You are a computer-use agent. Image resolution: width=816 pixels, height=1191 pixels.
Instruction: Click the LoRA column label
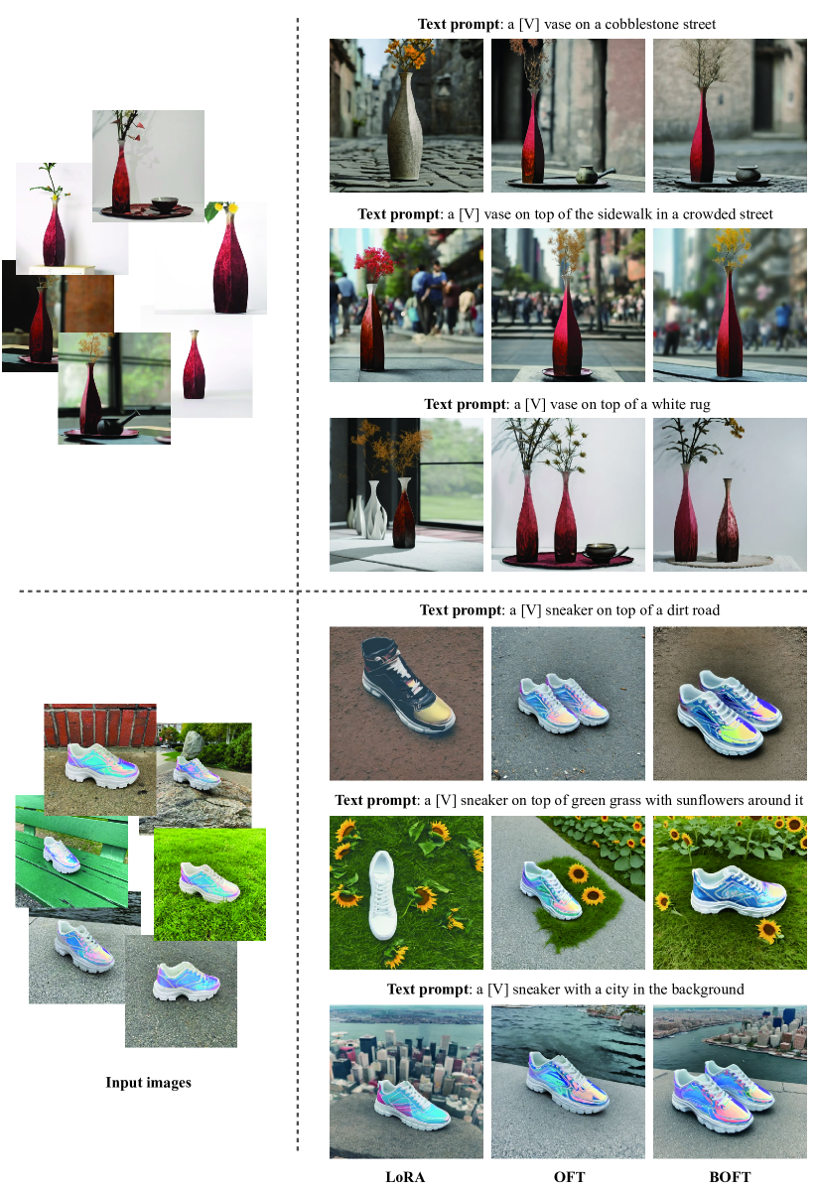click(405, 1177)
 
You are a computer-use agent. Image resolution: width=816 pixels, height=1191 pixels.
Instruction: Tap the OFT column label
click(569, 1177)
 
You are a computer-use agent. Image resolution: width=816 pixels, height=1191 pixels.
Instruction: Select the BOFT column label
click(730, 1177)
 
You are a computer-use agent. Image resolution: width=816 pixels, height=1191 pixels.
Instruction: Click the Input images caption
click(149, 1083)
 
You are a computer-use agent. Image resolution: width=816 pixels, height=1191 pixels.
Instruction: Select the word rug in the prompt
click(700, 405)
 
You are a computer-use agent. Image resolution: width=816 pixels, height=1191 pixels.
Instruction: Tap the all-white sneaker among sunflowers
click(383, 895)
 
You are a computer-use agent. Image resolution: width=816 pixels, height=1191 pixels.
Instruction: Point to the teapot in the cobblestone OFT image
click(593, 175)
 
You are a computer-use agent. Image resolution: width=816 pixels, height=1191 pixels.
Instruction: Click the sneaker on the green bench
click(63, 855)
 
